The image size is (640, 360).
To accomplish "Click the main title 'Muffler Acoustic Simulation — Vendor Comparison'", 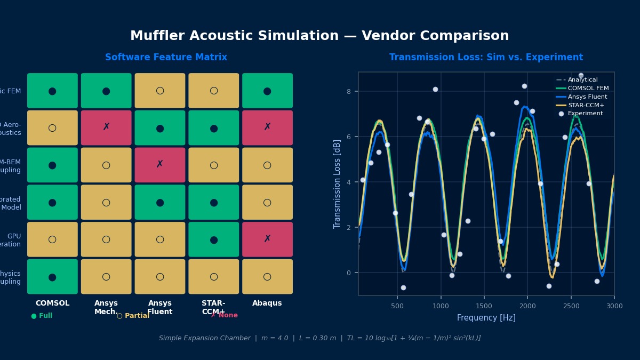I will (319, 36).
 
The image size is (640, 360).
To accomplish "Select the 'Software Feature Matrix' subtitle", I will (166, 58).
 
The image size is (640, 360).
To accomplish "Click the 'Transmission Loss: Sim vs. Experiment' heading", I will (486, 58).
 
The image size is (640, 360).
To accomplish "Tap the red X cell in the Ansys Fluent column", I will (160, 165).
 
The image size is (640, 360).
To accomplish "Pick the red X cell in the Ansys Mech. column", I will (106, 128).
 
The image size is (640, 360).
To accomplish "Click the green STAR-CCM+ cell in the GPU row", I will (213, 239).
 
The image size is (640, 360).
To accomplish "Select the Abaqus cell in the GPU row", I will (267, 239).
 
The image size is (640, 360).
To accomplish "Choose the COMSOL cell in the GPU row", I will (52, 239).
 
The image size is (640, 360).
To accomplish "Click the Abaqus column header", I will (267, 303).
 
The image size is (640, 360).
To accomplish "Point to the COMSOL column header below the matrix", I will (52, 303).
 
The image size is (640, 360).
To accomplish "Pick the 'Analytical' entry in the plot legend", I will (582, 80).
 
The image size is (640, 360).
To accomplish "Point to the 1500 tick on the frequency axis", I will (484, 306).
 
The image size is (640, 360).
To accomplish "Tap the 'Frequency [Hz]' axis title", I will (486, 318).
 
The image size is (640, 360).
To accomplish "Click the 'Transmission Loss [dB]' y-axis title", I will (338, 184).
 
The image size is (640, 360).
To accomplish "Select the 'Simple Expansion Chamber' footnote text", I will (204, 338).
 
